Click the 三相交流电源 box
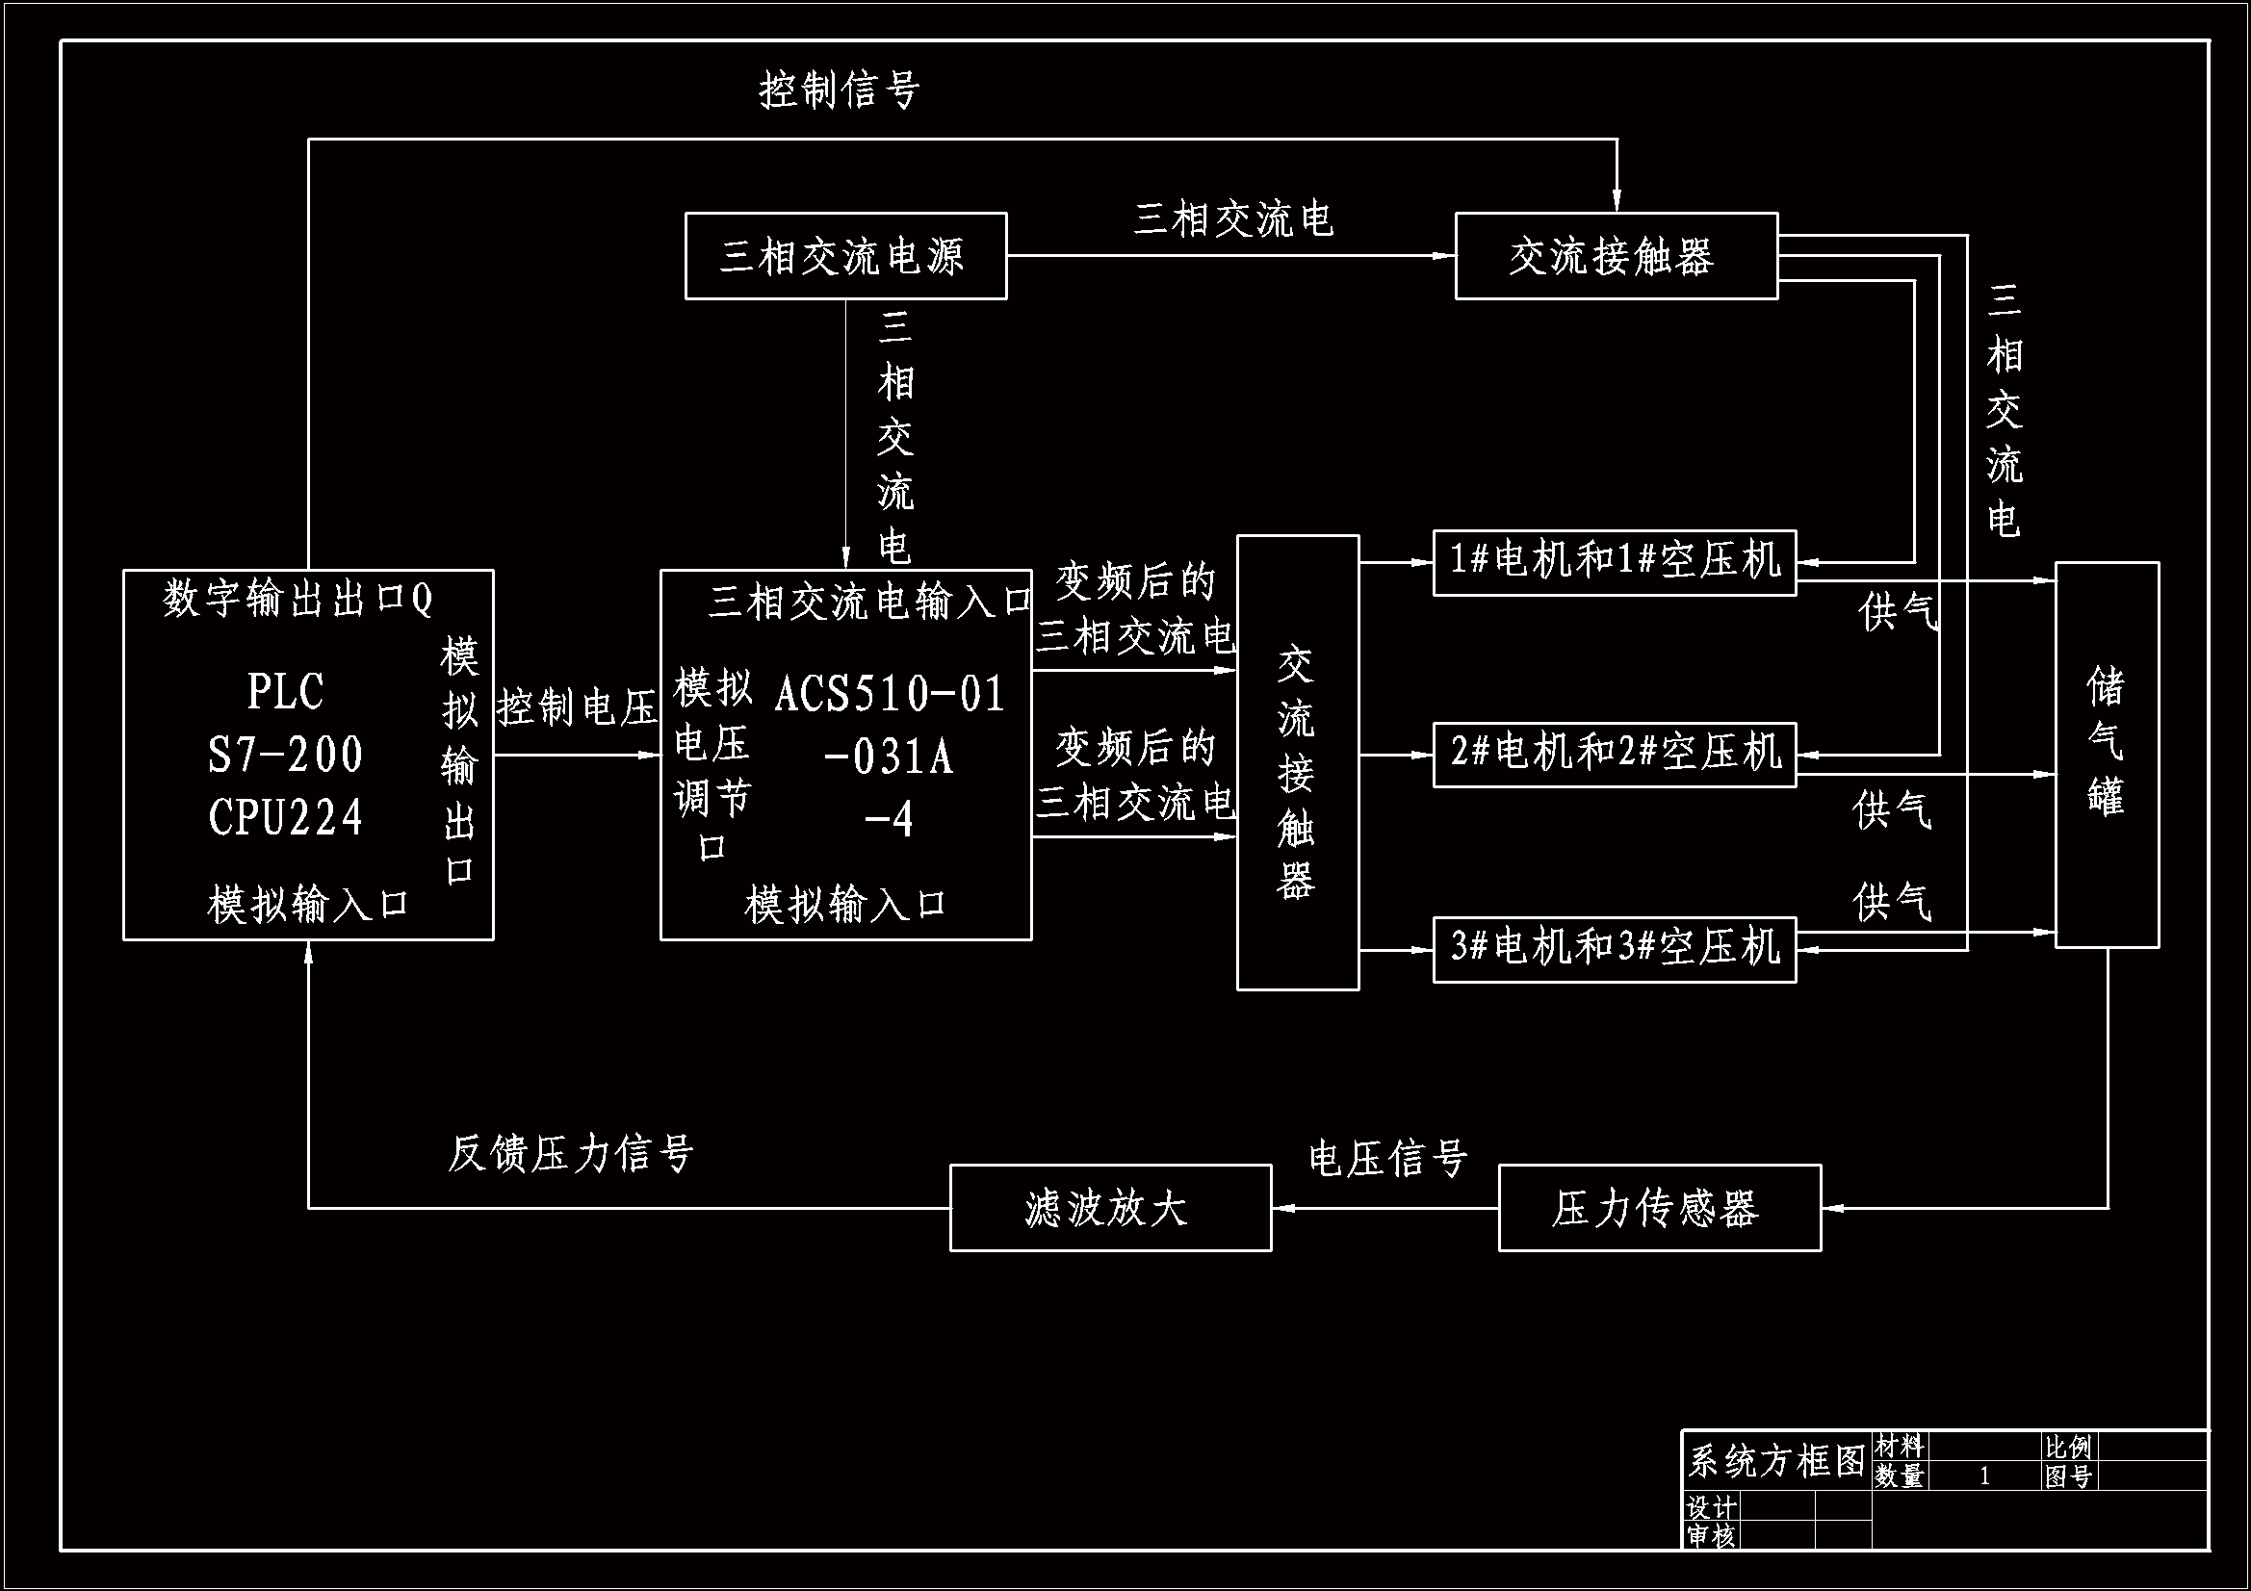click(845, 256)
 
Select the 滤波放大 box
click(1110, 1208)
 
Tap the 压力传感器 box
click(1659, 1208)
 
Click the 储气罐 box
click(2107, 754)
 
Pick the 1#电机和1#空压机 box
click(1614, 562)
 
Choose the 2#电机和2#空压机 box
click(1614, 754)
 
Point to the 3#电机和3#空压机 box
click(1614, 948)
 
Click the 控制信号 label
click(840, 90)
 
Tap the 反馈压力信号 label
click(571, 1154)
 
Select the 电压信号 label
click(1387, 1159)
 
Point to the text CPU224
click(285, 816)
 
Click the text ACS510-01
click(891, 694)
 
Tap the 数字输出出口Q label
click(298, 598)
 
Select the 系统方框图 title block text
click(1775, 1461)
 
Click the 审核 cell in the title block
click(1710, 1535)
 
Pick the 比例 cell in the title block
click(2068, 1447)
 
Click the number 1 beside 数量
click(1984, 1476)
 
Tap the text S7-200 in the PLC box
click(285, 755)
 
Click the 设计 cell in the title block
click(1710, 1506)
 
